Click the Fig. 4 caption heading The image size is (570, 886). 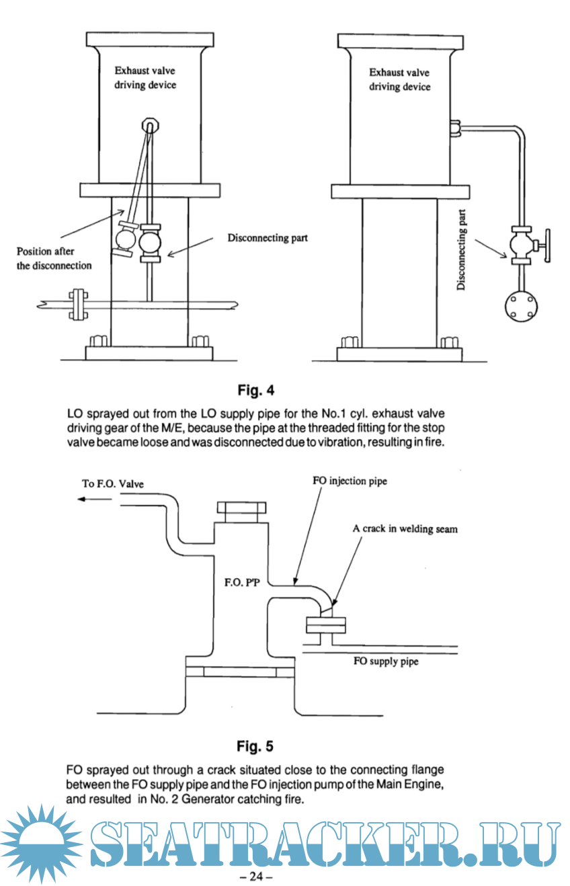(x=256, y=389)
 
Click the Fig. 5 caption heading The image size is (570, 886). (x=255, y=746)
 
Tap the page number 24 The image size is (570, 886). (x=256, y=877)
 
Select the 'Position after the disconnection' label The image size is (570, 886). (x=54, y=258)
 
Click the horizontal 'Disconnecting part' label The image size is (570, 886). (x=268, y=238)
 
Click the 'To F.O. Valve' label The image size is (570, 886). (x=113, y=483)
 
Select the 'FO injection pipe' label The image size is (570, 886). (x=350, y=481)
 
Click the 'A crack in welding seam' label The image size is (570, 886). (x=405, y=529)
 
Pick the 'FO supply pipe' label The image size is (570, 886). (x=386, y=661)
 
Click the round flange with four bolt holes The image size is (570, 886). (x=521, y=306)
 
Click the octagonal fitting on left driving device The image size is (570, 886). (x=149, y=126)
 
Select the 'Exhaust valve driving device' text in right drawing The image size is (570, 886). (x=399, y=79)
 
